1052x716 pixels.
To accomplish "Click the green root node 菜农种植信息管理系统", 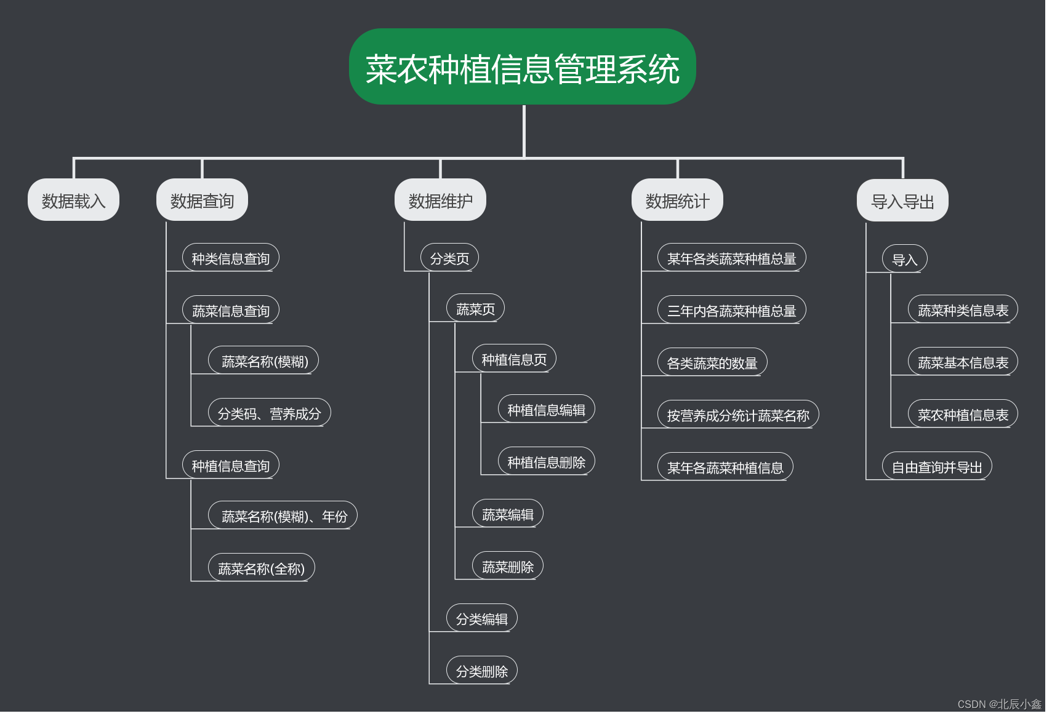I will tap(522, 67).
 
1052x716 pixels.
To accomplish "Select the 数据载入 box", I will tap(73, 201).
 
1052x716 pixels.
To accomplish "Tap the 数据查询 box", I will tap(202, 201).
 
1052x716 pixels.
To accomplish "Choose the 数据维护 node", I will tap(440, 201).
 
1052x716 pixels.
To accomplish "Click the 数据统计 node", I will tap(677, 201).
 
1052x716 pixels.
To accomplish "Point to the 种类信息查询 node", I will tap(231, 258).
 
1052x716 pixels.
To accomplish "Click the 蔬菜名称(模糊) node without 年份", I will tap(264, 361).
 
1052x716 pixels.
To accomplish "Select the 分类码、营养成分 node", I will tap(269, 413).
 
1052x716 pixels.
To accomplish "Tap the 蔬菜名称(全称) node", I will tap(261, 568).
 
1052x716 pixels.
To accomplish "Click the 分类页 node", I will tap(449, 258).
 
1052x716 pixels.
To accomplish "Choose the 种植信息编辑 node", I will tap(546, 410).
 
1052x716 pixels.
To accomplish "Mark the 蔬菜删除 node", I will tap(507, 567).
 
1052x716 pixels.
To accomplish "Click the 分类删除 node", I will tap(481, 671).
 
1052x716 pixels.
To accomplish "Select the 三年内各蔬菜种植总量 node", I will tap(731, 311).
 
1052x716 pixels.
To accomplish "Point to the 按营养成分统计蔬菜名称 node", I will tap(737, 415).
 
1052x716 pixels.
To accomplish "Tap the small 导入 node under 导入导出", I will tap(904, 260).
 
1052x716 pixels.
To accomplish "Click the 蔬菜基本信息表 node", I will tap(963, 362).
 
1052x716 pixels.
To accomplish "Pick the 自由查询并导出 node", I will tap(936, 467).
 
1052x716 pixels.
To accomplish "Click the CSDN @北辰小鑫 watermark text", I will tap(999, 704).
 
